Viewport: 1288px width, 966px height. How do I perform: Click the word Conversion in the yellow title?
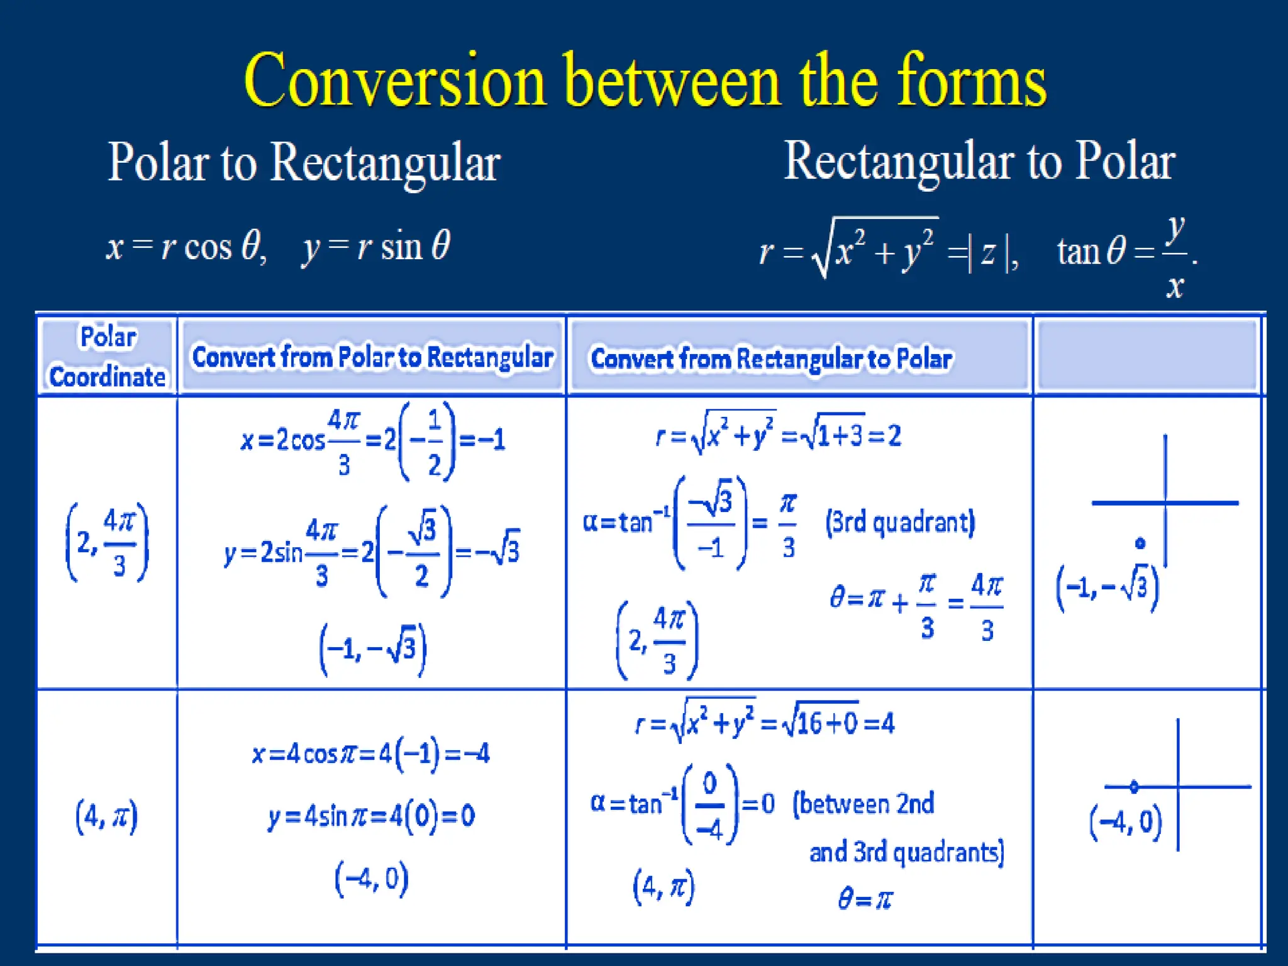pos(395,82)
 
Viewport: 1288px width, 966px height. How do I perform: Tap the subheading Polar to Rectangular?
pos(304,162)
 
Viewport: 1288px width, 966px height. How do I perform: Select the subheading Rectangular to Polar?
pos(979,161)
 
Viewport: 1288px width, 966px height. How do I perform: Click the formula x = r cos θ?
pos(186,246)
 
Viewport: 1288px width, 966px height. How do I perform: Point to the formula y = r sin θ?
pos(376,246)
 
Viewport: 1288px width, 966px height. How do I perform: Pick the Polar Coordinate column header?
pos(108,357)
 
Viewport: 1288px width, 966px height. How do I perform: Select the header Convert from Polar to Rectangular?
pos(372,357)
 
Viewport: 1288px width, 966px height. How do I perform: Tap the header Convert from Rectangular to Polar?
pos(771,358)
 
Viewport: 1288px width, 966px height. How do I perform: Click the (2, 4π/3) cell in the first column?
pos(107,542)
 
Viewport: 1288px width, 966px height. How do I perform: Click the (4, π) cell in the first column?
pos(106,816)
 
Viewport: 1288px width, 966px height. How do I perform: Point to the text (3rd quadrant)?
pos(900,522)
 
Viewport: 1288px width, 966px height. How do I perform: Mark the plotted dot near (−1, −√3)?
pos(1140,543)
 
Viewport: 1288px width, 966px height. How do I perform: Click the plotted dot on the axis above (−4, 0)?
pos(1134,786)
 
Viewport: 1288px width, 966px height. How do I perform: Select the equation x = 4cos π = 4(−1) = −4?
pos(370,753)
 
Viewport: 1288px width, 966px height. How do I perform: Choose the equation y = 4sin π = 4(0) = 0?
pos(371,816)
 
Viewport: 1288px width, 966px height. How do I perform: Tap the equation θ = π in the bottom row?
pos(865,899)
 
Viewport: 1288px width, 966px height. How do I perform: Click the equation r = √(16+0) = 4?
pos(765,723)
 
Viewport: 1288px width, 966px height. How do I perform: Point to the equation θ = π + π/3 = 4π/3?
pos(916,602)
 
